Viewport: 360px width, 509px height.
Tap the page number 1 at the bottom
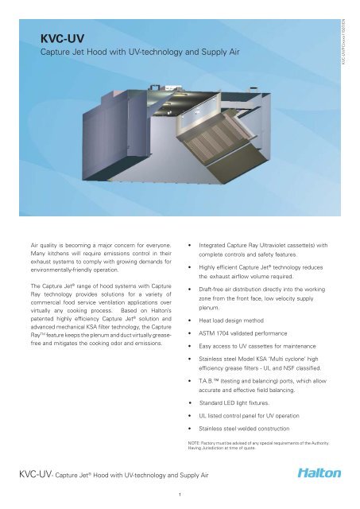180,493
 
